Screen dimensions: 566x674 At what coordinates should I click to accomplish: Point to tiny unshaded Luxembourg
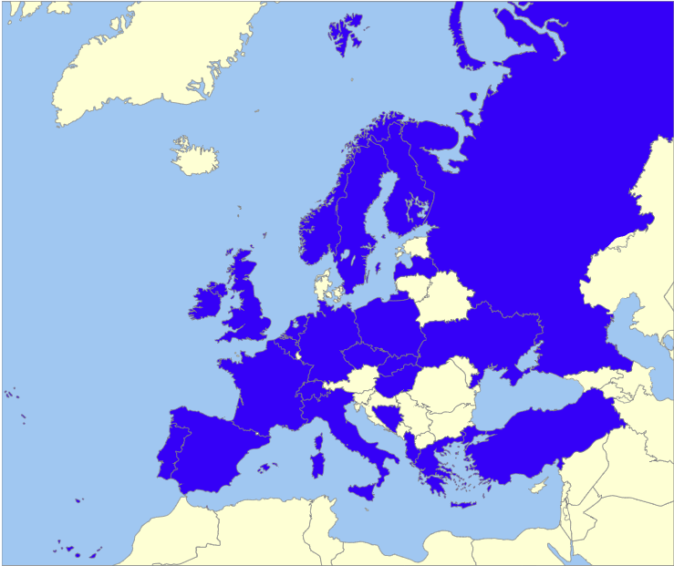297,349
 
